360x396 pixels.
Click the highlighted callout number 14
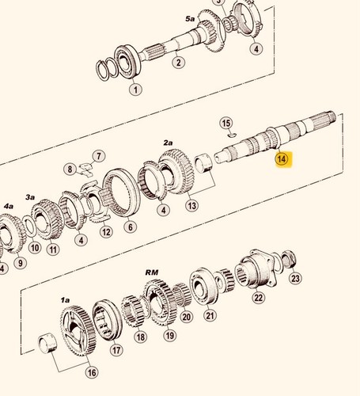click(x=282, y=159)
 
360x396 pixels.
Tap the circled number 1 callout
click(x=135, y=89)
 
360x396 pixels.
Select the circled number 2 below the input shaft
click(x=179, y=63)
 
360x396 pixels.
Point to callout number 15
click(x=226, y=124)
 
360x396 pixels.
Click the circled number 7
click(x=99, y=156)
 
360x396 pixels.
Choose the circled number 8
click(x=70, y=169)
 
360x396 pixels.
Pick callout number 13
click(x=191, y=205)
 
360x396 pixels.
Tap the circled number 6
click(x=131, y=227)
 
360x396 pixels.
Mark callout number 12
click(x=106, y=232)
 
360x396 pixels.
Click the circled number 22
click(x=259, y=298)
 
